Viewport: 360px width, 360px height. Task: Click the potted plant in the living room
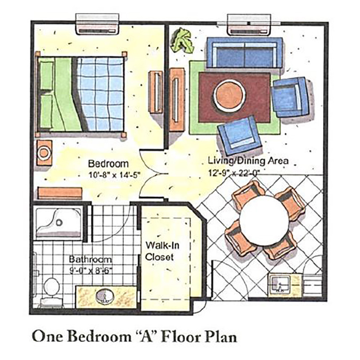pyautogui.click(x=181, y=40)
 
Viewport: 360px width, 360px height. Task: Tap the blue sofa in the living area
pyautogui.click(x=244, y=53)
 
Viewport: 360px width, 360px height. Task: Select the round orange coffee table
pyautogui.click(x=229, y=95)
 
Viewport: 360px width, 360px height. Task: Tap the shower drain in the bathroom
pyautogui.click(x=59, y=222)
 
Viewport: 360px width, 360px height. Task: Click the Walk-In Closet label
pyautogui.click(x=162, y=251)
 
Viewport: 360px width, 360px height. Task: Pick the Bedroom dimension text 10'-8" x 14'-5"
pyautogui.click(x=114, y=175)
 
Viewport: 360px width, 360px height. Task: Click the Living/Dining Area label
pyautogui.click(x=248, y=161)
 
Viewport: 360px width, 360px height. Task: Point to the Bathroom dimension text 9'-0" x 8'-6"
pyautogui.click(x=91, y=271)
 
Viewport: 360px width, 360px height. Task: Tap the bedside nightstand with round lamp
pyautogui.click(x=44, y=153)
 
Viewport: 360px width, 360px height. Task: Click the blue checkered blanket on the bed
pyautogui.click(x=101, y=94)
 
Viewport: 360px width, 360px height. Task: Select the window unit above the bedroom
pyautogui.click(x=98, y=24)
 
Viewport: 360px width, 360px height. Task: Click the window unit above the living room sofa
pyautogui.click(x=249, y=25)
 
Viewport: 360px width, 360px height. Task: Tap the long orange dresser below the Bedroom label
pyautogui.click(x=60, y=193)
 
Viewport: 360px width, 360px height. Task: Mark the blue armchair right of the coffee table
pyautogui.click(x=290, y=97)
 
